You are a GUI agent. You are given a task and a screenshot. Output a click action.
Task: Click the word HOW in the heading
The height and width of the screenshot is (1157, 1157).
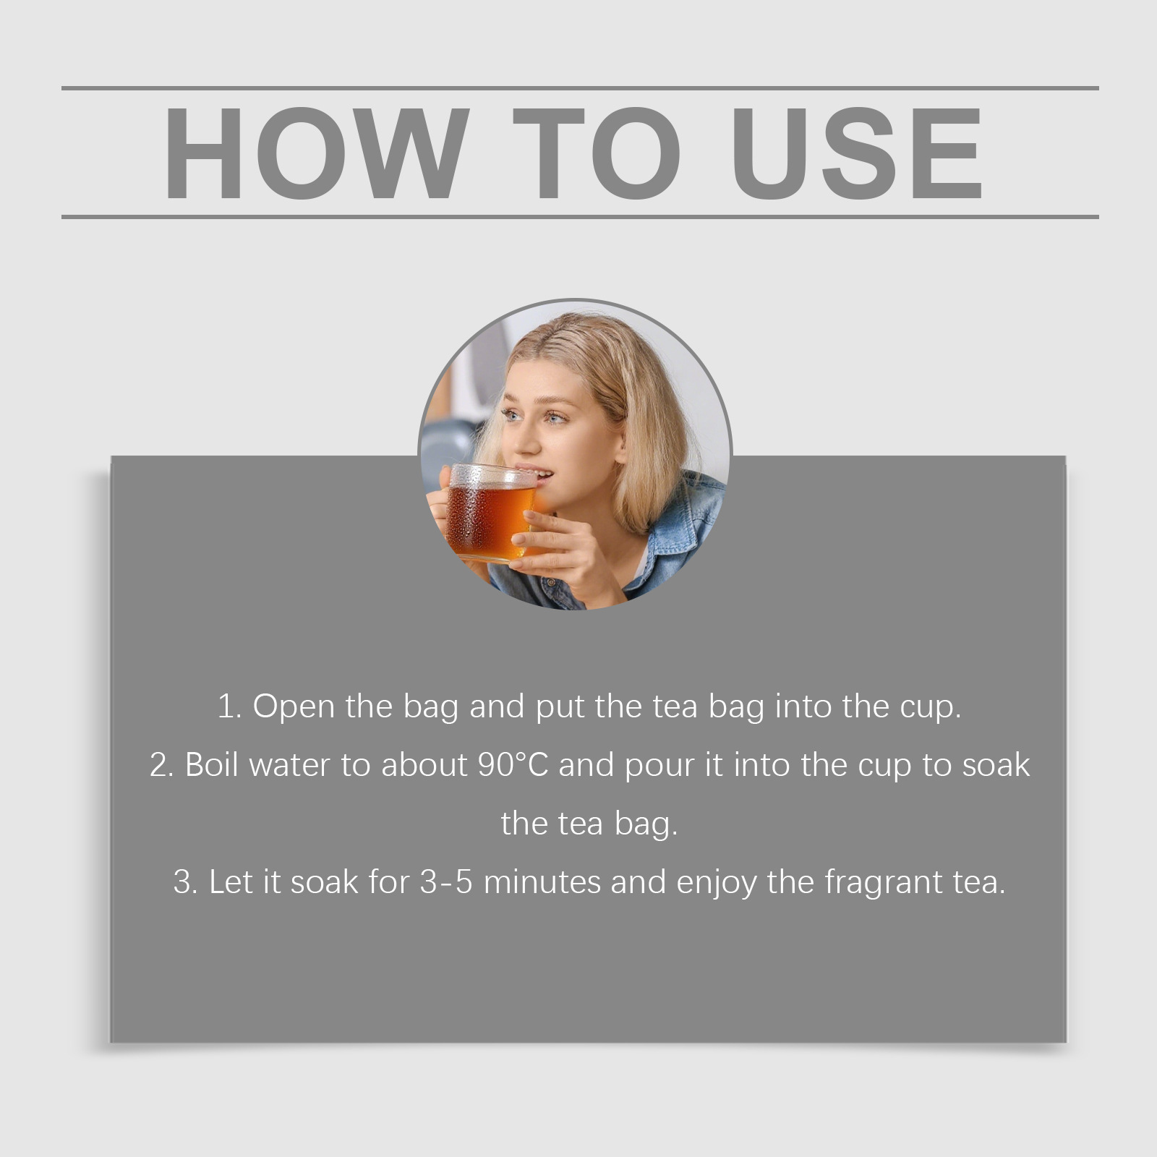pyautogui.click(x=313, y=153)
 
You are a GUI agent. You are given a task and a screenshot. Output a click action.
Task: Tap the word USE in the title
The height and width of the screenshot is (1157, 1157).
pyautogui.click(x=861, y=153)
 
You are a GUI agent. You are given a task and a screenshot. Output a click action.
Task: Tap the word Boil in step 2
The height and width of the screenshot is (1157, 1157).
pyautogui.click(x=212, y=765)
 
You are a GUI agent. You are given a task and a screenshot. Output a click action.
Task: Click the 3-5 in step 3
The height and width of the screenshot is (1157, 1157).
pyautogui.click(x=446, y=882)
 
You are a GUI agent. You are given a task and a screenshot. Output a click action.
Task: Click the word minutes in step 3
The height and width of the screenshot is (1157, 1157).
pyautogui.click(x=542, y=882)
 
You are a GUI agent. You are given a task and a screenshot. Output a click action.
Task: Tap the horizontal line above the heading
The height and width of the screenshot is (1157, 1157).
pyautogui.click(x=580, y=88)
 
